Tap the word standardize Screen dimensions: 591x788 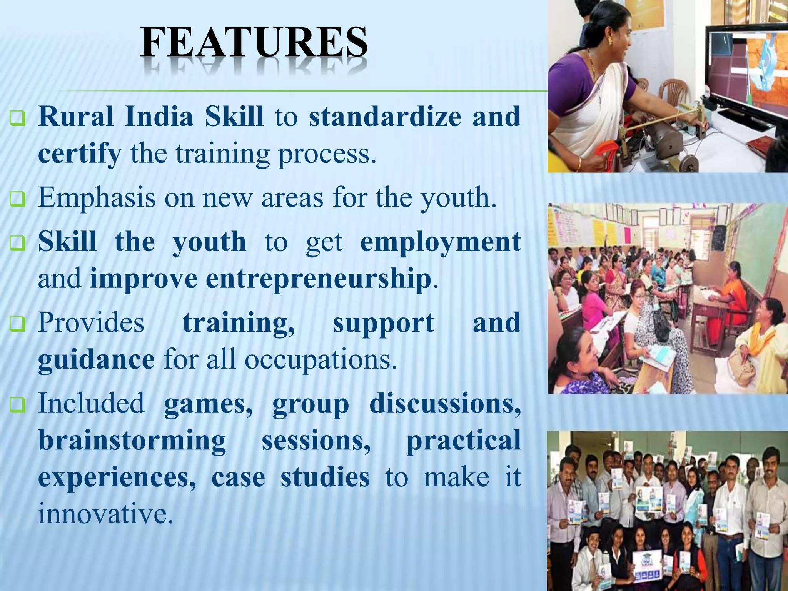pyautogui.click(x=385, y=116)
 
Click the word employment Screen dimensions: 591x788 pyautogui.click(x=440, y=242)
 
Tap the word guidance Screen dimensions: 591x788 pyautogui.click(x=96, y=359)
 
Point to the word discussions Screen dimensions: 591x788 pyautogui.click(x=445, y=404)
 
